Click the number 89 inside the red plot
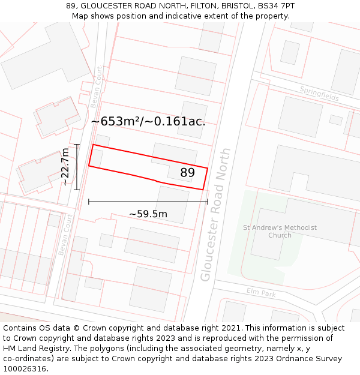click(x=188, y=173)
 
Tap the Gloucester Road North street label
click(x=216, y=214)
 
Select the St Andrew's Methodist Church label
click(x=280, y=231)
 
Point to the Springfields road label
click(x=319, y=94)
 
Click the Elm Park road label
click(x=261, y=292)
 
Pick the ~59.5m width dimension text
click(x=148, y=214)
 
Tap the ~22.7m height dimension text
click(x=65, y=167)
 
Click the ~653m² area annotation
click(x=148, y=121)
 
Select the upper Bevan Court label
click(x=97, y=88)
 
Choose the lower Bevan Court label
click(x=65, y=235)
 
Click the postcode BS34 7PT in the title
click(x=275, y=5)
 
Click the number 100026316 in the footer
click(x=25, y=369)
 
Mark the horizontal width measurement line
click(x=148, y=202)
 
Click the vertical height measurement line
click(x=77, y=167)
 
